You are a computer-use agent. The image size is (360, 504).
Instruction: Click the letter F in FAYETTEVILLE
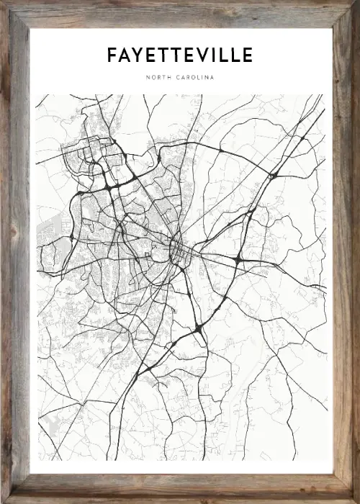[112, 55]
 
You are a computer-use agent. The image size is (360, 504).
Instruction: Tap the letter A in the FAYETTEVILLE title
[125, 55]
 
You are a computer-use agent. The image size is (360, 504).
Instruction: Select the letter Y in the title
[138, 55]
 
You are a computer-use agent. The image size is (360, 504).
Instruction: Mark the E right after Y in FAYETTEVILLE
[150, 55]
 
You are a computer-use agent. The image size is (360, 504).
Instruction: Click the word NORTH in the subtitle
[159, 77]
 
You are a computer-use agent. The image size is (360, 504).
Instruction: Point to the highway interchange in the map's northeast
[273, 175]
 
